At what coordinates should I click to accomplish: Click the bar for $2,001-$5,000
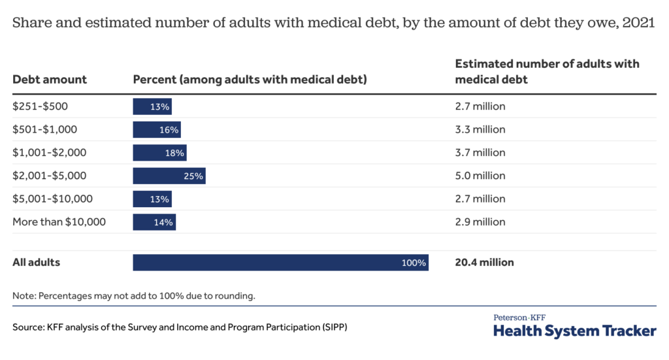(x=169, y=176)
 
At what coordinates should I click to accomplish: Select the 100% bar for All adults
(x=280, y=263)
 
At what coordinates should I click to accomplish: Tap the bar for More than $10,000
(x=154, y=222)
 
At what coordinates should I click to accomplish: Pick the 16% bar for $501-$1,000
(x=157, y=129)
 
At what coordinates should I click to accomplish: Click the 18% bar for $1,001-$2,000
(x=159, y=153)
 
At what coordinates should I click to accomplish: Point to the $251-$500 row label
(x=40, y=106)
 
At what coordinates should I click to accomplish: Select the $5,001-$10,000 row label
(x=52, y=199)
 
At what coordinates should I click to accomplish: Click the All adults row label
(x=36, y=263)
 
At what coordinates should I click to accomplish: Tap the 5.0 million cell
(x=480, y=176)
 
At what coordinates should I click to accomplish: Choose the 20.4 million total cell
(x=484, y=263)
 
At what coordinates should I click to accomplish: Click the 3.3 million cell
(x=480, y=129)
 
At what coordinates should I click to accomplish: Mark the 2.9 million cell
(x=480, y=222)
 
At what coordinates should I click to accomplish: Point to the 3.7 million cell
(x=480, y=153)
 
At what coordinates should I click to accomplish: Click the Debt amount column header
(x=50, y=80)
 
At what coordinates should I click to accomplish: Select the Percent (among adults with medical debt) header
(x=250, y=80)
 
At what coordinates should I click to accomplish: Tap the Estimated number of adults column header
(x=547, y=72)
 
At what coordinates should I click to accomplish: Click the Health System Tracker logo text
(x=574, y=331)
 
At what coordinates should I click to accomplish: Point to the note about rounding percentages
(x=134, y=295)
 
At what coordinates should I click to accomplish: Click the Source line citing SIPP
(x=180, y=327)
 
